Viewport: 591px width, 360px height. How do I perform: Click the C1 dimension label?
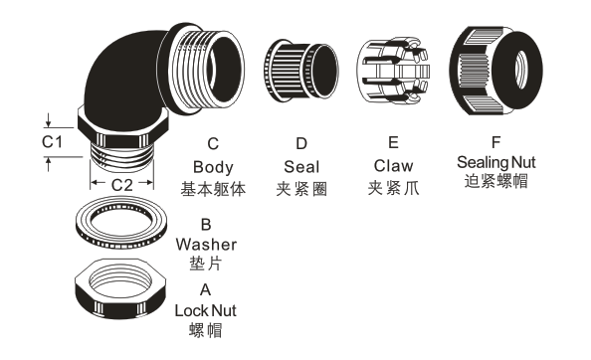[52, 142]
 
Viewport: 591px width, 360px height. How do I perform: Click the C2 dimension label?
[122, 185]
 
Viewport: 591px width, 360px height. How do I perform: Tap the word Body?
[213, 167]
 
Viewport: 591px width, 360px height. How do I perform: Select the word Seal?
[301, 167]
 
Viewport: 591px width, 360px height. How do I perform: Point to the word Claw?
[393, 166]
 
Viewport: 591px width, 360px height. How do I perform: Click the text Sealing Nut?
[496, 162]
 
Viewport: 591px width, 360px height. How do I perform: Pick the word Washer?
[206, 245]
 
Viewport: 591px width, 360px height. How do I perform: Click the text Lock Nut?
[205, 310]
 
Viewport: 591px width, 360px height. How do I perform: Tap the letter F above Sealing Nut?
[496, 142]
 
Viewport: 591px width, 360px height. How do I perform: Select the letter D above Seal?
[301, 143]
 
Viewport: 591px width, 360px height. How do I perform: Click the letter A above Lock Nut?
[205, 290]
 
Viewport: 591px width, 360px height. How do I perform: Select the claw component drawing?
[393, 71]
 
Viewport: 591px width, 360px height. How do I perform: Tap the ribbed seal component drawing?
[300, 71]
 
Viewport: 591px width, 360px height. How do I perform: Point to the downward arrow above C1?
[48, 119]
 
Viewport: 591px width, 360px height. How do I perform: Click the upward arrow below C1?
[48, 164]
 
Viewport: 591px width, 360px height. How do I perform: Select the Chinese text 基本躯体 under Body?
[213, 189]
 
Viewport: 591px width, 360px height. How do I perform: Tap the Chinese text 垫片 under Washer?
[206, 264]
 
